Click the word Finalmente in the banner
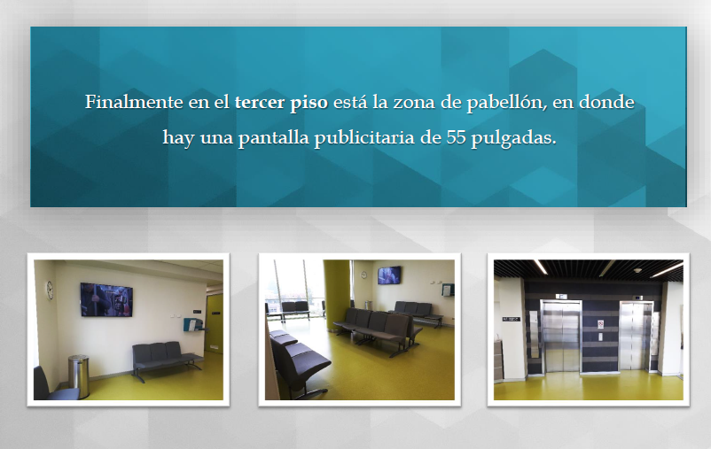pos(134,102)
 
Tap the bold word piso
pos(309,103)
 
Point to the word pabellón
pos(507,103)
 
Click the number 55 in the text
pos(456,137)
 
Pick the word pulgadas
pos(513,138)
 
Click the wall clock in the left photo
pos(50,290)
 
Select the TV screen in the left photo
pos(106,299)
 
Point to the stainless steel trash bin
pos(78,376)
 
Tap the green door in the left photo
pos(214,323)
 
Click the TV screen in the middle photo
pos(389,275)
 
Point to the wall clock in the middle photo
pos(363,275)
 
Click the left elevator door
pos(561,337)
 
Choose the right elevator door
pos(635,337)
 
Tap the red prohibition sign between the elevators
pos(601,324)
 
